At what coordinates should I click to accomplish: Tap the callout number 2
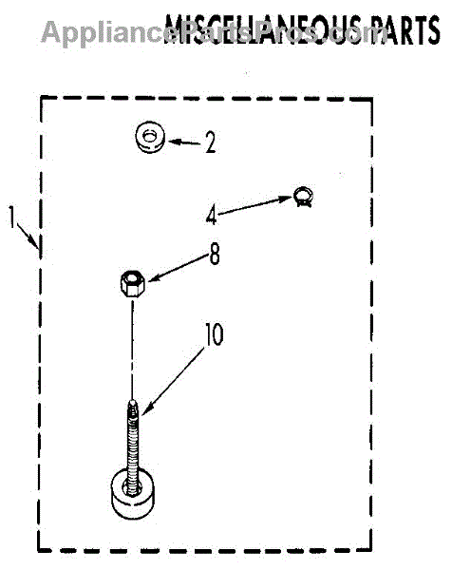(211, 142)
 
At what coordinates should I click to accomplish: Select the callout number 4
(212, 215)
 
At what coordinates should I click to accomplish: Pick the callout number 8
(215, 254)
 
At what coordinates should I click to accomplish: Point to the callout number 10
(215, 334)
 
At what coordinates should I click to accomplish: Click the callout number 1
(12, 217)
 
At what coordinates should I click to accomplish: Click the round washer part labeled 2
(150, 137)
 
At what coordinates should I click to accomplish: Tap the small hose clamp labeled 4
(304, 197)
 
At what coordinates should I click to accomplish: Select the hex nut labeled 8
(132, 284)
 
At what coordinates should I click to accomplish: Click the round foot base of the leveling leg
(132, 494)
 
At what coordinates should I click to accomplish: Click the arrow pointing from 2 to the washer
(184, 142)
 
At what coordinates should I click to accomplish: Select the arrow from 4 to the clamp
(255, 205)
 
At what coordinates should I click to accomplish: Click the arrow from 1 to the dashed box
(28, 237)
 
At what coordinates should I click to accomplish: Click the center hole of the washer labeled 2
(149, 136)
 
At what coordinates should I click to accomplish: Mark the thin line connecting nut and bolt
(133, 349)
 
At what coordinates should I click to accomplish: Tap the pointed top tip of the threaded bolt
(133, 400)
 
